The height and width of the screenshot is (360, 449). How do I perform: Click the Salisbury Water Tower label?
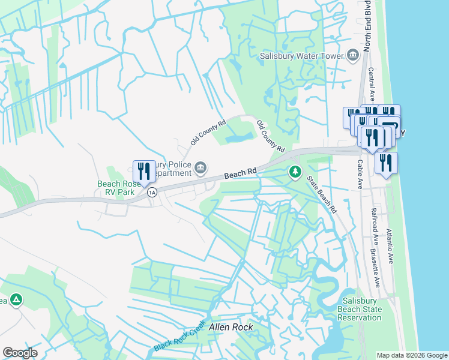point(301,56)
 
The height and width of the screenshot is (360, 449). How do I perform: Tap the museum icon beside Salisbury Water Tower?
point(352,56)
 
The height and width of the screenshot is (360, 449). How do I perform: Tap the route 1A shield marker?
point(152,192)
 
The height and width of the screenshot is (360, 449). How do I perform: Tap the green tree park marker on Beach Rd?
point(295,172)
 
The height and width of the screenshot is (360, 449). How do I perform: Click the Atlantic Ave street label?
point(390,246)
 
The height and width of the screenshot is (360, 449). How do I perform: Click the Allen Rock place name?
point(231,328)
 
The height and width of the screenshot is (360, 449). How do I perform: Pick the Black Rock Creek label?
point(179,340)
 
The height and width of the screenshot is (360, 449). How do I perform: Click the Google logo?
point(20,353)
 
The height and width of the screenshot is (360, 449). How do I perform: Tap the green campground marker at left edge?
point(17,299)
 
